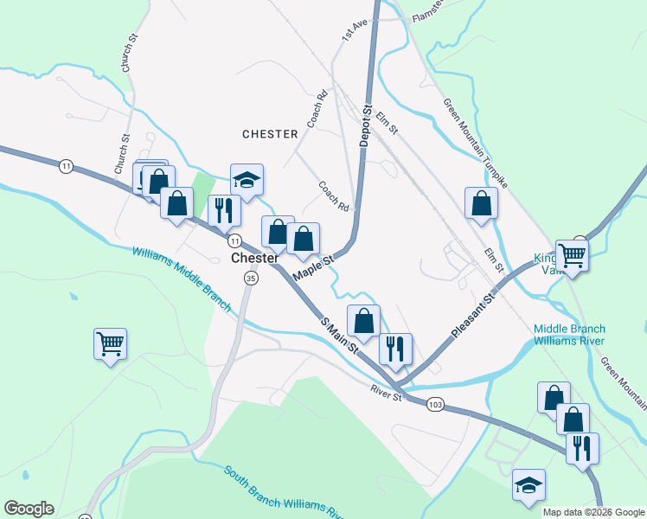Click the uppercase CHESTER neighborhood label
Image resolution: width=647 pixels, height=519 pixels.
(x=270, y=134)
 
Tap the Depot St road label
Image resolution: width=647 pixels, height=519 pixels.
(x=366, y=125)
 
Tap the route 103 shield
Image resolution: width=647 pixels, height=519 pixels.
(x=435, y=404)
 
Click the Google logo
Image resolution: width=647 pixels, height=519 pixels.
(x=29, y=509)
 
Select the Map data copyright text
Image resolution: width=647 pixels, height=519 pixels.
(x=593, y=512)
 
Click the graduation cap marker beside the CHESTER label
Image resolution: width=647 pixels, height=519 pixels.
(x=247, y=181)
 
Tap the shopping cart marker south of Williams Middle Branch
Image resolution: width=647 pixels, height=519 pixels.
(x=111, y=344)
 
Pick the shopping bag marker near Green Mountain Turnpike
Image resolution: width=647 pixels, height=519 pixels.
(x=481, y=204)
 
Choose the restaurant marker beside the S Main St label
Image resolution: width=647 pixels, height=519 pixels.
(x=395, y=349)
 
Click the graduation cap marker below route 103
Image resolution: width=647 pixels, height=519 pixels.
(x=528, y=486)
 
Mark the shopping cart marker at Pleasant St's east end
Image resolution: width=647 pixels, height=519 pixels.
(x=572, y=255)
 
